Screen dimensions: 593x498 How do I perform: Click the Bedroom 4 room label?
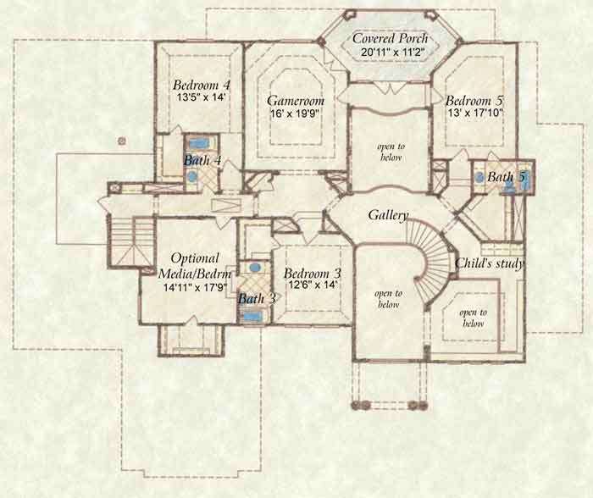(x=202, y=85)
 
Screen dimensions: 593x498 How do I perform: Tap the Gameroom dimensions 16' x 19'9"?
(x=295, y=113)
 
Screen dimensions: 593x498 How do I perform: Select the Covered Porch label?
(x=391, y=39)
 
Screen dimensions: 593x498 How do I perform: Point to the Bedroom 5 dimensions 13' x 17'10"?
(x=475, y=113)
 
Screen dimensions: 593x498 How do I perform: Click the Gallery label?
(x=388, y=215)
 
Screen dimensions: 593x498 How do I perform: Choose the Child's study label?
(x=490, y=263)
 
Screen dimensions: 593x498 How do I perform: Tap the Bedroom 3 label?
(x=313, y=273)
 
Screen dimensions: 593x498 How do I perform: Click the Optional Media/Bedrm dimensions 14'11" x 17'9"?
(x=195, y=287)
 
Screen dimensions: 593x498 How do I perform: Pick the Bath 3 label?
(x=257, y=299)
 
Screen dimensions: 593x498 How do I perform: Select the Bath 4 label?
(x=202, y=161)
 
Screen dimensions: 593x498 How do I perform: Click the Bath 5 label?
(x=507, y=177)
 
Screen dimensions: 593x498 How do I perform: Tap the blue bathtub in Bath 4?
(x=197, y=143)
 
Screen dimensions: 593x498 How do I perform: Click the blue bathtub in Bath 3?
(x=252, y=317)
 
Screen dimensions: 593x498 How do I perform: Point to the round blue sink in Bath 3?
(x=255, y=268)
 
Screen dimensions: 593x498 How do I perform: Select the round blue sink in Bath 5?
(x=479, y=177)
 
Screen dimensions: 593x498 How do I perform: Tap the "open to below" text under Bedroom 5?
(x=391, y=152)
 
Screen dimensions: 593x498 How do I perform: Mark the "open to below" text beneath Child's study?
(x=473, y=318)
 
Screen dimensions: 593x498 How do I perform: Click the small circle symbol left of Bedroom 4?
(x=121, y=141)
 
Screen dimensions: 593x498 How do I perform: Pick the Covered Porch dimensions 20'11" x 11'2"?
(x=393, y=53)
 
